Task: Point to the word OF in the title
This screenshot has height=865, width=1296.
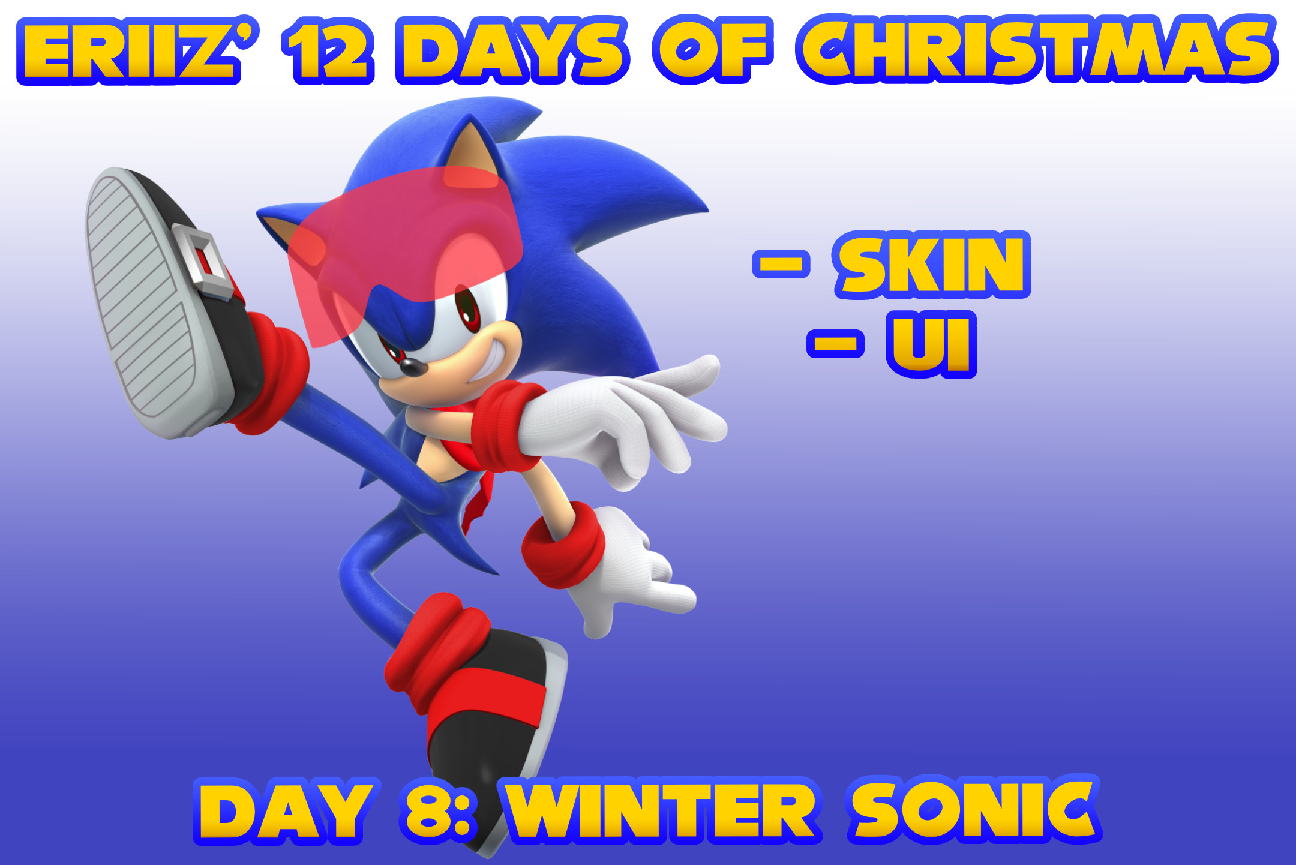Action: (x=711, y=50)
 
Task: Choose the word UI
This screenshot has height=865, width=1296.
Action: (x=931, y=344)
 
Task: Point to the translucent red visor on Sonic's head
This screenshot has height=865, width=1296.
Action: (x=408, y=240)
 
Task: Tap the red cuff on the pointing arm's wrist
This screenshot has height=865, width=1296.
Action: (x=504, y=426)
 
